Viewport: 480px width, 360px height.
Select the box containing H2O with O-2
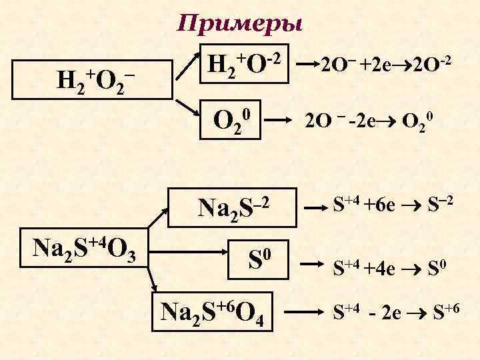pyautogui.click(x=243, y=65)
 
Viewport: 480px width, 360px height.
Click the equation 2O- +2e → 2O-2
pyautogui.click(x=387, y=65)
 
